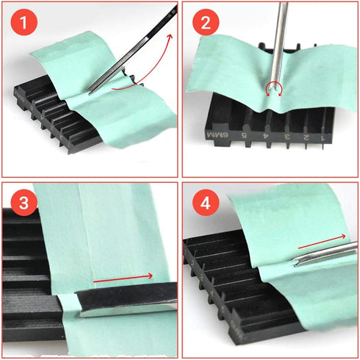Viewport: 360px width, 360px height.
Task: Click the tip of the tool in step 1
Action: [91, 91]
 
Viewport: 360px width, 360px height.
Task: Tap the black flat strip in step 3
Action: [125, 300]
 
